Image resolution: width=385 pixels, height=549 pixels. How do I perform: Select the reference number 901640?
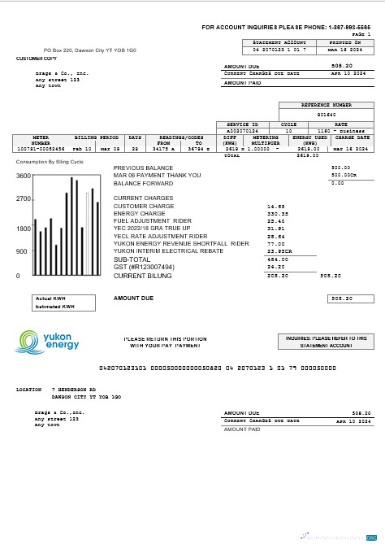click(327, 115)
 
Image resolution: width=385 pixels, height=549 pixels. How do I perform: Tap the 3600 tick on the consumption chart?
click(23, 176)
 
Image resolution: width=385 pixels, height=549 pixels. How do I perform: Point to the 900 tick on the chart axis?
click(23, 251)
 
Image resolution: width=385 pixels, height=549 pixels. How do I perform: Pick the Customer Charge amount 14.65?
click(276, 207)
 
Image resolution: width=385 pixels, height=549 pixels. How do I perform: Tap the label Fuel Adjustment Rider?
click(153, 221)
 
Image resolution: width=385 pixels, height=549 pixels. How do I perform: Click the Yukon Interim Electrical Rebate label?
click(168, 251)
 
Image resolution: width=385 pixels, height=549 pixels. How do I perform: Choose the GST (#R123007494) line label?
click(144, 266)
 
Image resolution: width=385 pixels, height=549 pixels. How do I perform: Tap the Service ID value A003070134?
click(242, 130)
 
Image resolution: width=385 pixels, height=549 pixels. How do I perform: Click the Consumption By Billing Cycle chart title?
click(50, 162)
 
